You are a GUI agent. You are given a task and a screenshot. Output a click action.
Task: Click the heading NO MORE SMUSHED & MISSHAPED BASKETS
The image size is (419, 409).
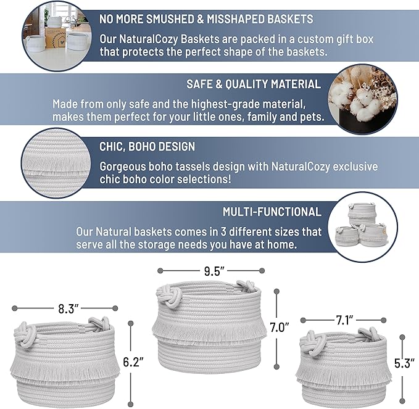(x=206, y=20)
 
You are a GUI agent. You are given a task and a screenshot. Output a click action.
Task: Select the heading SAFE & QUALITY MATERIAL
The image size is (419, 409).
(x=253, y=84)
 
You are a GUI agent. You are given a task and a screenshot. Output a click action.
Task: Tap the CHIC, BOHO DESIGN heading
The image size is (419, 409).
(x=147, y=147)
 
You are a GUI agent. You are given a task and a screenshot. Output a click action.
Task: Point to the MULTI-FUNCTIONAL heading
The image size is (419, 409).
(x=272, y=212)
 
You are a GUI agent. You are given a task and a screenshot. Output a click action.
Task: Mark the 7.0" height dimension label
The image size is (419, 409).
(x=279, y=328)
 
